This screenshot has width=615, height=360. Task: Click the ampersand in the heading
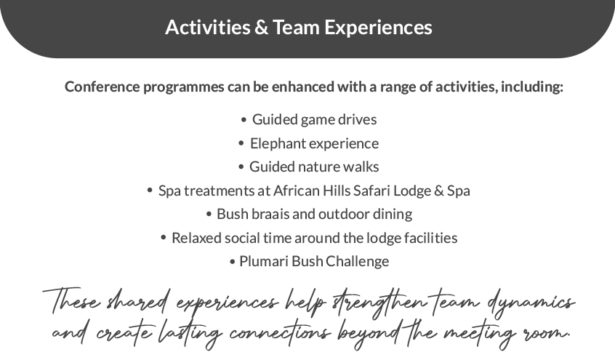click(x=261, y=28)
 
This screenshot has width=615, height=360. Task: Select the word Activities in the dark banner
click(x=207, y=28)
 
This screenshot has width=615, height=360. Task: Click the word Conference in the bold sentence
click(x=102, y=87)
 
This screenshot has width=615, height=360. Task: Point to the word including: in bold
click(x=532, y=87)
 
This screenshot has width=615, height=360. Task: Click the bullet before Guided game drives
click(x=244, y=120)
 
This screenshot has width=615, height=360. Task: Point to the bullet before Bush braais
click(x=209, y=215)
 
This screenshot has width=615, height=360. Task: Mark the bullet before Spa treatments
click(x=150, y=191)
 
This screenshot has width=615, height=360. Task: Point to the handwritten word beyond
click(x=371, y=335)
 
